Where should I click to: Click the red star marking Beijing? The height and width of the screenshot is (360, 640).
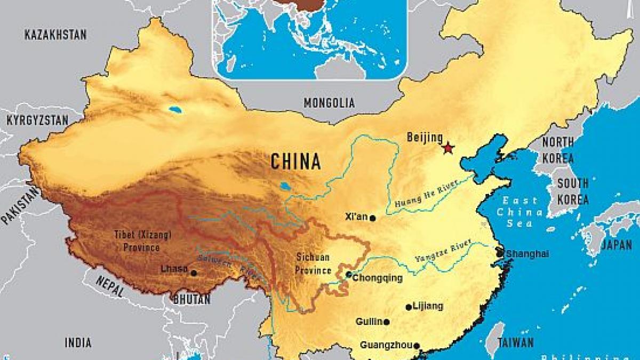447,148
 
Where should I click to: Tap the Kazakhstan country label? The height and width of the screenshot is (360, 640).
55,35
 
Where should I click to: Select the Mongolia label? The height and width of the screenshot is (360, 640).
329,103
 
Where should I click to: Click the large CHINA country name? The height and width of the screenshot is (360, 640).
295,161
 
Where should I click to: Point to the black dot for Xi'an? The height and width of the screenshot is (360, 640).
373,218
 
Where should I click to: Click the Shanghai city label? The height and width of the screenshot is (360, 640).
527,254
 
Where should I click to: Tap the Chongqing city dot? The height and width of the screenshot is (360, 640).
348,275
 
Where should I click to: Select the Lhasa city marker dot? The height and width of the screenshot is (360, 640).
194,273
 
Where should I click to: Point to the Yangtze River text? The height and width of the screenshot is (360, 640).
443,252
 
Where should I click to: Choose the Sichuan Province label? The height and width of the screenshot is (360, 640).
314,263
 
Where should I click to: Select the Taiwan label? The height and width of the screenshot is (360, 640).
516,342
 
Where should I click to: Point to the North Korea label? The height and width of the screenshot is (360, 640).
558,150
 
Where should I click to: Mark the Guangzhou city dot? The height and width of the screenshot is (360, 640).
417,346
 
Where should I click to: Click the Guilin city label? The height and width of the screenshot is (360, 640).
369,322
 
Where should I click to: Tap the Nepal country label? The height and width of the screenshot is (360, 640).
110,287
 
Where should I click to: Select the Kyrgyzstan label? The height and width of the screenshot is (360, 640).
37,121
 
